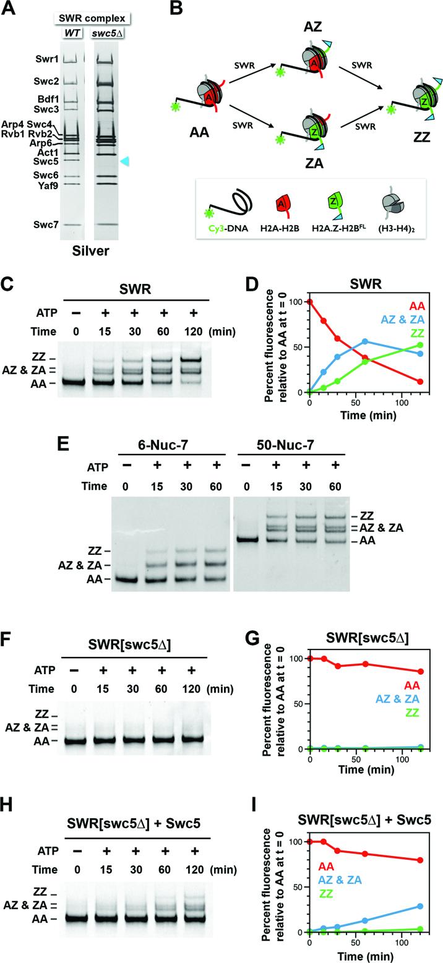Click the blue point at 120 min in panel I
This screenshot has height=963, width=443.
(x=421, y=889)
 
